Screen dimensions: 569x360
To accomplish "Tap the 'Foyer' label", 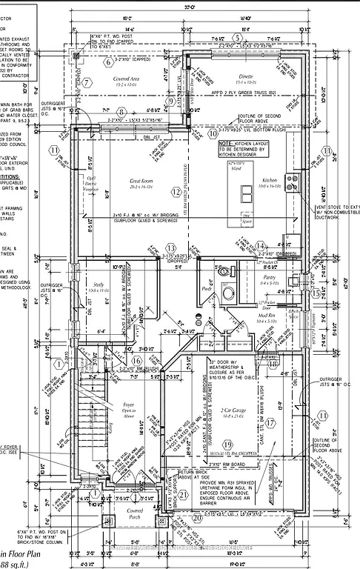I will [128, 405].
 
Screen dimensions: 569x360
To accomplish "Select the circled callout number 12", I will [176, 193].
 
